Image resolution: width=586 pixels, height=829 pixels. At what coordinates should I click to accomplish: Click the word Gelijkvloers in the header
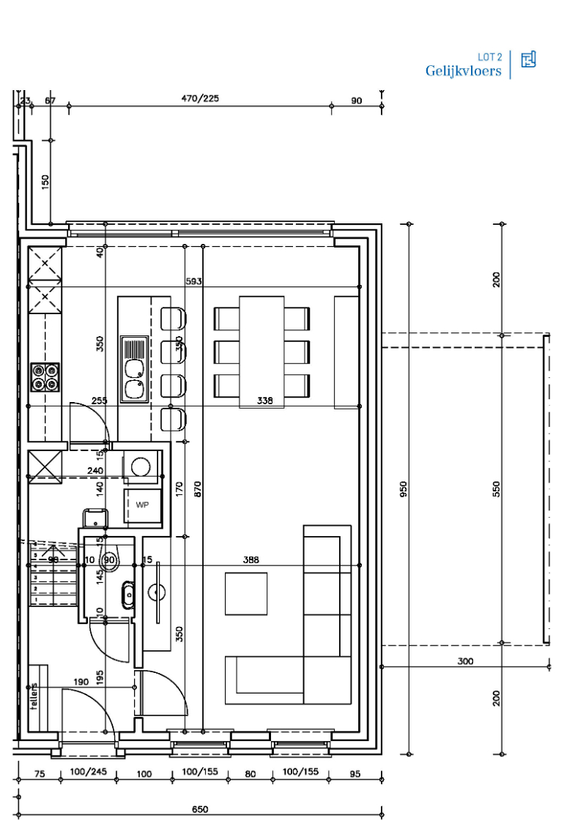(463, 71)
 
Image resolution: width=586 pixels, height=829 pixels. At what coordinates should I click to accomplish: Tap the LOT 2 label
(489, 56)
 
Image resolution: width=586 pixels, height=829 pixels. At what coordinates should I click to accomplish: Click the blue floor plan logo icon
(528, 60)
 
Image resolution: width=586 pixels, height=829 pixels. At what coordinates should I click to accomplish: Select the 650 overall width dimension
(200, 809)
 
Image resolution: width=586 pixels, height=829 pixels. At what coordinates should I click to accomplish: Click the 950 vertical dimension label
(403, 489)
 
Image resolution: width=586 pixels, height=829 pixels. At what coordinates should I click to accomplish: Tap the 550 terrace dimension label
(496, 489)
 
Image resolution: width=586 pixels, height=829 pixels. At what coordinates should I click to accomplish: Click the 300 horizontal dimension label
(464, 661)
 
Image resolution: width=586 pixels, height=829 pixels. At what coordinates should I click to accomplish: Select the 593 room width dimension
(193, 280)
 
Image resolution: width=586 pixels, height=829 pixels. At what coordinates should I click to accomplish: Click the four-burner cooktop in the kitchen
(45, 376)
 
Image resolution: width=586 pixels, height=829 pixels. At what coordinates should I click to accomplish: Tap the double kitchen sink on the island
(134, 370)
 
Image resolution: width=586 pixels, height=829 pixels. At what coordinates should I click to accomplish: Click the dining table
(262, 351)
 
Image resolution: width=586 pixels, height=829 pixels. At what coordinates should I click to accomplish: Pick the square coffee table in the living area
(246, 593)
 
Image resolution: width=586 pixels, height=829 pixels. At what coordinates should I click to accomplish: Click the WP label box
(142, 505)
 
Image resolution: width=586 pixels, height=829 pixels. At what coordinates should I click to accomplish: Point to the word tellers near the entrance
(34, 696)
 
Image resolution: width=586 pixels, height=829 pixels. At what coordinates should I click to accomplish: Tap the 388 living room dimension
(251, 560)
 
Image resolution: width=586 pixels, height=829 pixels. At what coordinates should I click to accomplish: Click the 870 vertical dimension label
(196, 489)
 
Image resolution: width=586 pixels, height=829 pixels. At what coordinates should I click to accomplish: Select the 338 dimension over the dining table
(264, 401)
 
